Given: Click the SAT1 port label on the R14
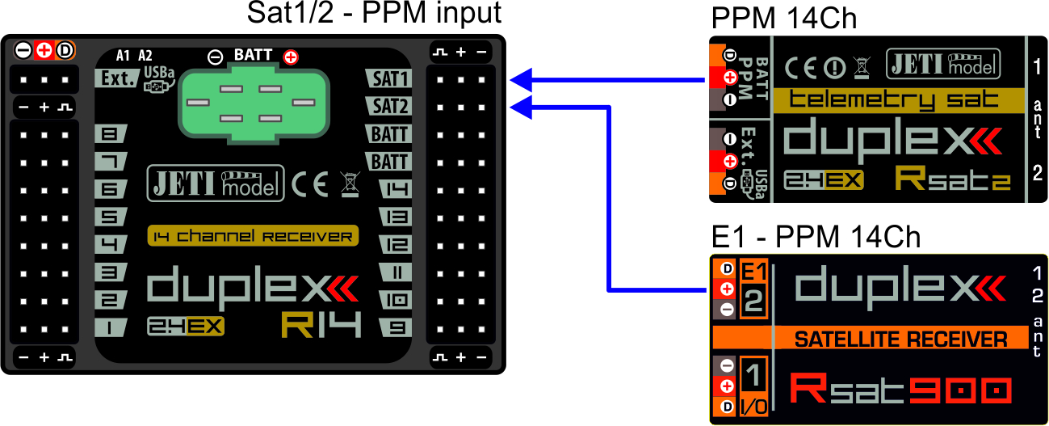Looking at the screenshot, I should (391, 78).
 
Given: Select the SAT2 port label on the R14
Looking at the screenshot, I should (391, 106).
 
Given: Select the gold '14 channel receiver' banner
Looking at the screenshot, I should (253, 237).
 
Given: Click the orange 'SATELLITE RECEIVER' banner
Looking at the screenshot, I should (900, 339).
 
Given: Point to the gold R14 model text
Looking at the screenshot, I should (321, 324).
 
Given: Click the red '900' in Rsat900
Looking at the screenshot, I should (961, 390).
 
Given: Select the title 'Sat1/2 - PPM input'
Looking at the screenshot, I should (374, 14).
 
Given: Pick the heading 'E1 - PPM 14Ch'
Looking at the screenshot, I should (816, 237).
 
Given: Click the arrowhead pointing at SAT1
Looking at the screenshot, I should (521, 78).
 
